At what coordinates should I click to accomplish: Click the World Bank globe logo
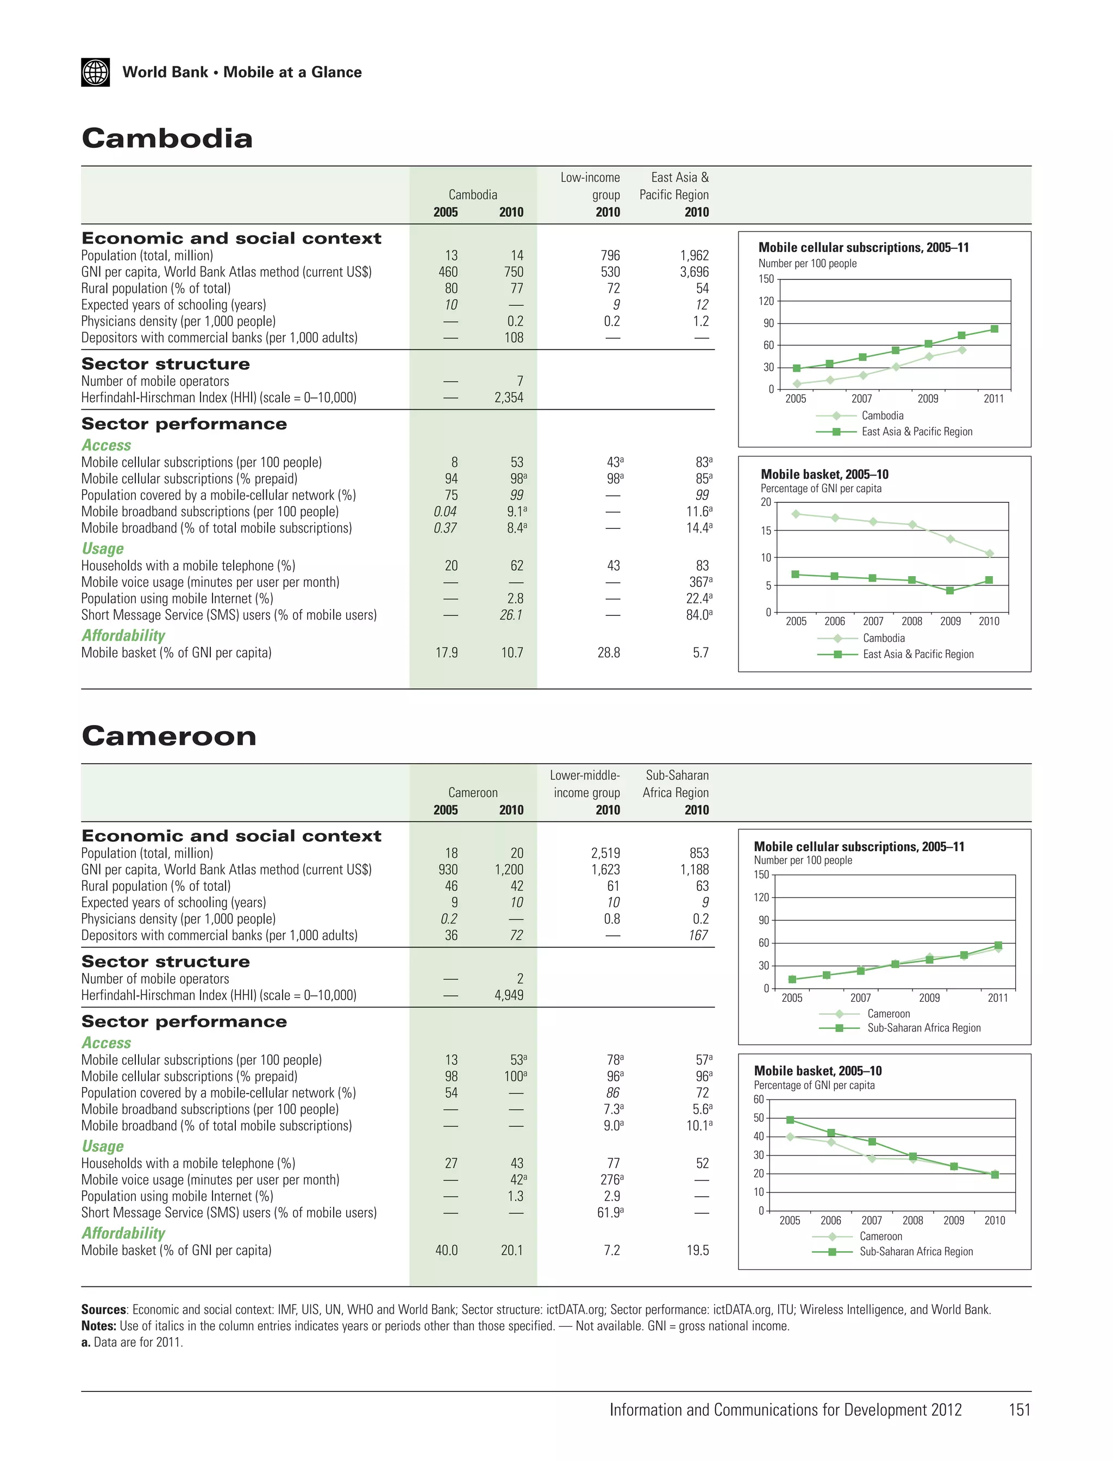tap(96, 72)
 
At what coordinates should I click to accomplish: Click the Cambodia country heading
tap(167, 139)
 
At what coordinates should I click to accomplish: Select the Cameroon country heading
tap(169, 736)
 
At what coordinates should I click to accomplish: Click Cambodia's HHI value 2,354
tap(508, 397)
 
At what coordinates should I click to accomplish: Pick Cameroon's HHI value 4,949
tap(508, 995)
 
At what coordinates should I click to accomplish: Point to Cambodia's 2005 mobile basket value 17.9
tap(447, 653)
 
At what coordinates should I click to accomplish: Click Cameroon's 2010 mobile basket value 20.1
tap(511, 1250)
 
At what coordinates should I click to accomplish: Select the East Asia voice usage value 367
tap(699, 582)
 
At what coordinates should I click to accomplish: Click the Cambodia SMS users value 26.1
tap(511, 615)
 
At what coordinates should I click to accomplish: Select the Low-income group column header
tap(590, 186)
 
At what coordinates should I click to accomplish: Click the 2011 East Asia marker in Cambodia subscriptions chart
tap(995, 329)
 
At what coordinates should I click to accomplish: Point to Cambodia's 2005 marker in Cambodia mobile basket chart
tap(796, 514)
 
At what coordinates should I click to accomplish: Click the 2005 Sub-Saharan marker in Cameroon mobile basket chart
tap(790, 1120)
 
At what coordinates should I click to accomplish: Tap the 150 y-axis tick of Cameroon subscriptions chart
tap(761, 875)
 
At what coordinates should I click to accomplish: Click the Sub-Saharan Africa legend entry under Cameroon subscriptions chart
tap(923, 1028)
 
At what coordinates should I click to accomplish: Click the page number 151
tap(1019, 1410)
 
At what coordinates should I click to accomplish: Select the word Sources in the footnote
tap(103, 1309)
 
